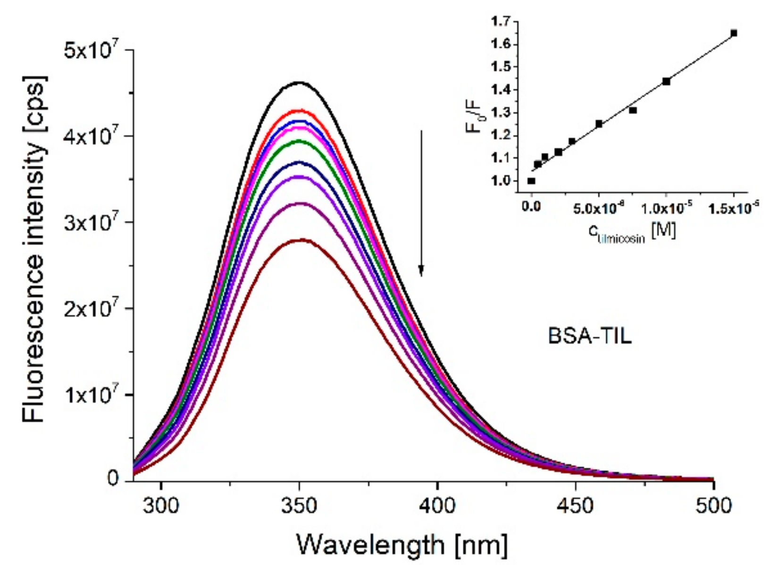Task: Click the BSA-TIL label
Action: (x=589, y=337)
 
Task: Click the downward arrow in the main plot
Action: (x=421, y=203)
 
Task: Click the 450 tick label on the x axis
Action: (x=575, y=506)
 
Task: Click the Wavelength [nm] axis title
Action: (x=402, y=545)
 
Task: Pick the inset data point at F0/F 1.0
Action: (x=531, y=181)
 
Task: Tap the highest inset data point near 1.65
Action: (x=734, y=33)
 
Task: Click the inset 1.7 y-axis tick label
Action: (x=501, y=21)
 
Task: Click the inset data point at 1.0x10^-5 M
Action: (x=666, y=81)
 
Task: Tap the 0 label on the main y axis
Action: (x=112, y=479)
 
